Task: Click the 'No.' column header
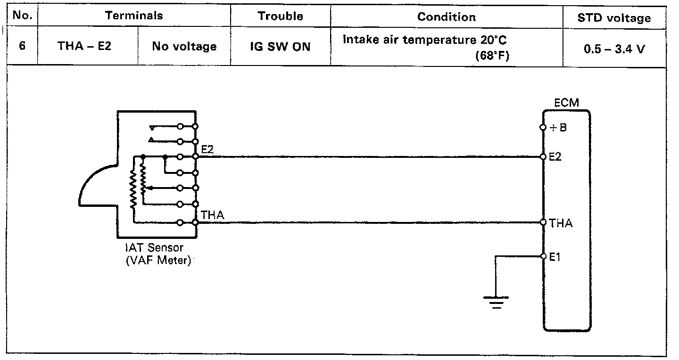[22, 16]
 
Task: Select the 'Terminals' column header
[134, 16]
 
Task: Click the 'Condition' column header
[446, 17]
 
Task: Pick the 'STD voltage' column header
[614, 18]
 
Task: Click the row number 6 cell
[22, 47]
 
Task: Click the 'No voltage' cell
[184, 47]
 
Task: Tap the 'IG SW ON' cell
[280, 47]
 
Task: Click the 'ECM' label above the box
[566, 103]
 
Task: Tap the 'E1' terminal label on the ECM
[555, 257]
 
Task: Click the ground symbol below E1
[496, 301]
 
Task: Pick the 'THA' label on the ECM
[561, 223]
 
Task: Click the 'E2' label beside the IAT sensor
[207, 149]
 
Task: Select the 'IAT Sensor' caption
[154, 247]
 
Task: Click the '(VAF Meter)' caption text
[158, 260]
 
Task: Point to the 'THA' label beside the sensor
[212, 215]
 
